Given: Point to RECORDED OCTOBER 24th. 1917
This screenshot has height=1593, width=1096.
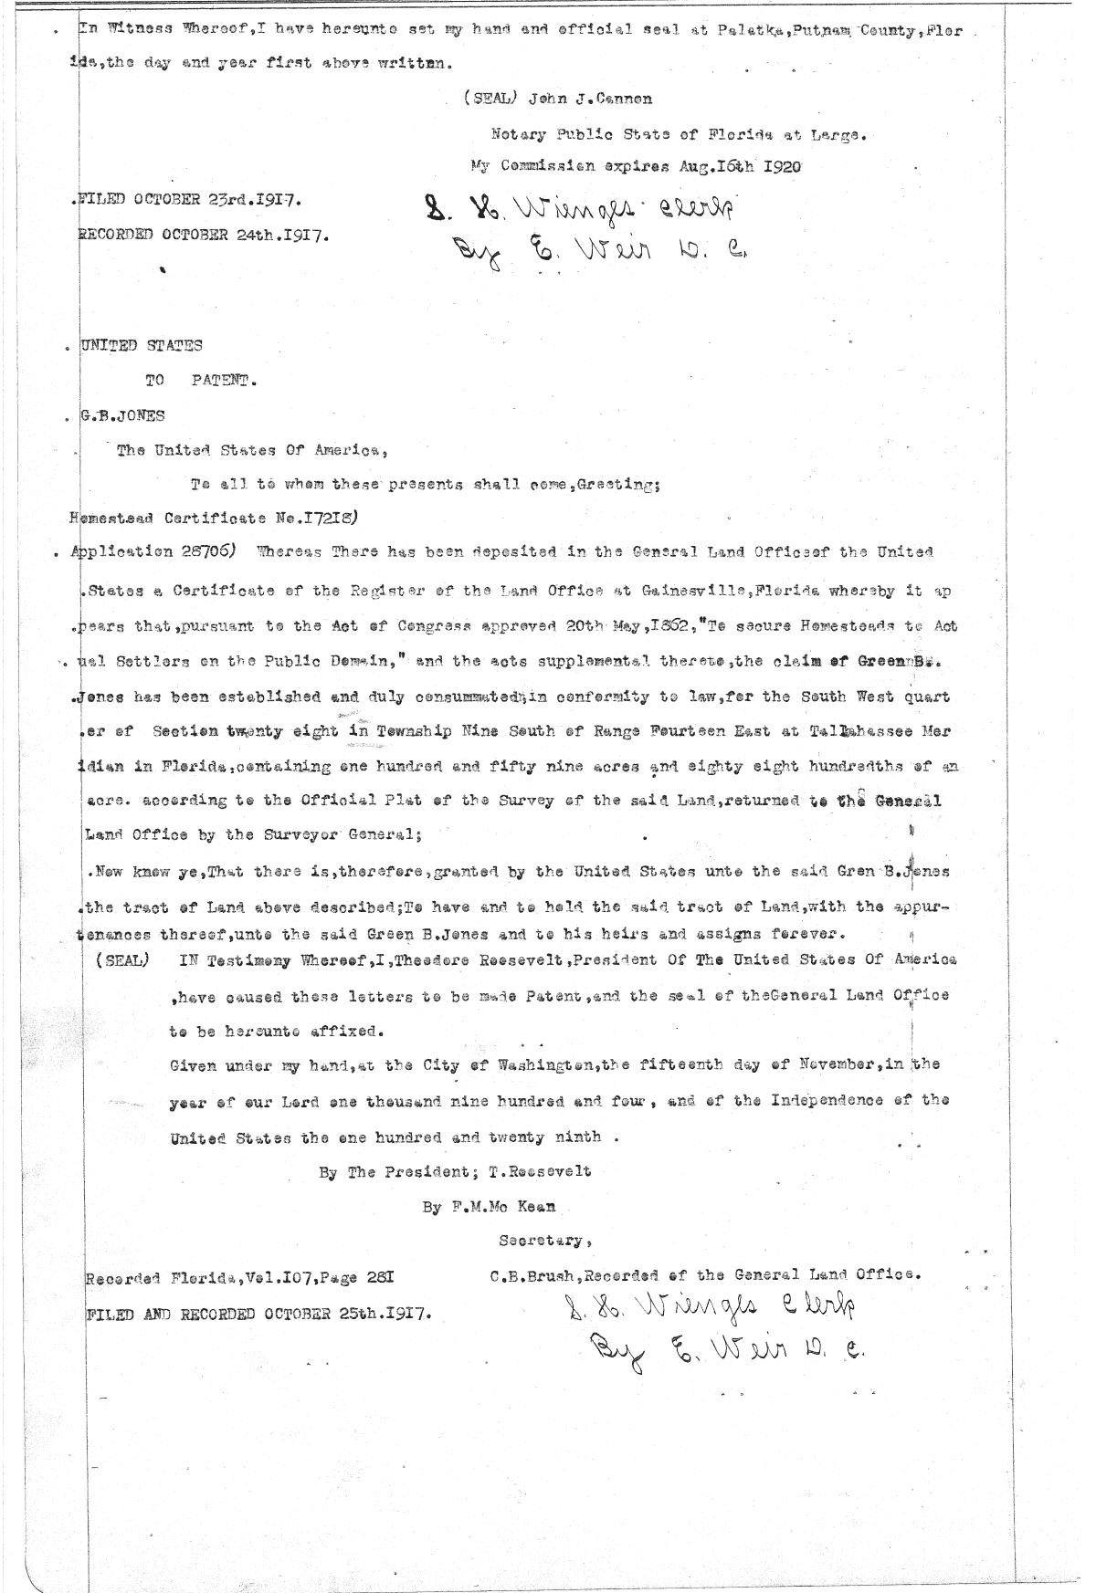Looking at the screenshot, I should (x=204, y=234).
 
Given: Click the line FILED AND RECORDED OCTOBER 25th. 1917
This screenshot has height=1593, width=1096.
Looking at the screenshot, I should (x=258, y=1315).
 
